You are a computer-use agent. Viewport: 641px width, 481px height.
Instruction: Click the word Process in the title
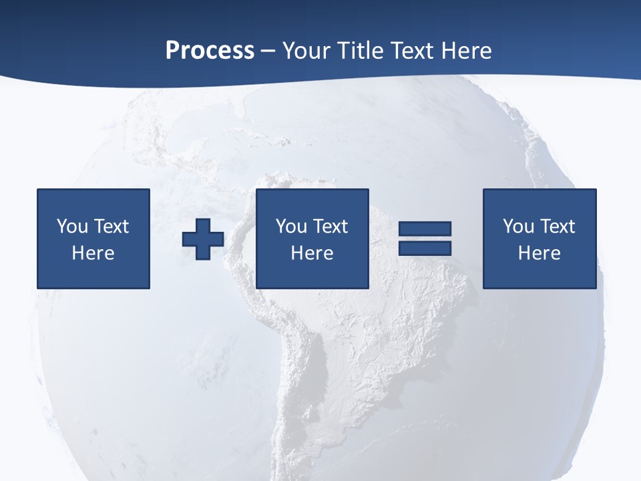pyautogui.click(x=210, y=51)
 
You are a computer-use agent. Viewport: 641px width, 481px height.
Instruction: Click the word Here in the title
pyautogui.click(x=467, y=51)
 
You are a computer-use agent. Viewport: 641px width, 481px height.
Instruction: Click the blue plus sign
pyautogui.click(x=203, y=238)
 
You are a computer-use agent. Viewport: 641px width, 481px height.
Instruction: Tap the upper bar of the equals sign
pyautogui.click(x=425, y=229)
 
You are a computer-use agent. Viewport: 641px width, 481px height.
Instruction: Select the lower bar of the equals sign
pyautogui.click(x=425, y=248)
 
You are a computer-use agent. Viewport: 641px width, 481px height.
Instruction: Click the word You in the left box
pyautogui.click(x=72, y=226)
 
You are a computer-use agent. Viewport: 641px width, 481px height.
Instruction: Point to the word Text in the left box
pyautogui.click(x=110, y=226)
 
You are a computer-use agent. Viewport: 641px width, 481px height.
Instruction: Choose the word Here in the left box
pyautogui.click(x=93, y=253)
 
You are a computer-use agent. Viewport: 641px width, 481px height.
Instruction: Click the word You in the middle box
pyautogui.click(x=291, y=226)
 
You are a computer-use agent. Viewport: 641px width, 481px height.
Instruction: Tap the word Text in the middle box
pyautogui.click(x=329, y=226)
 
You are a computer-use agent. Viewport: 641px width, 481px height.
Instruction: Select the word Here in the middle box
pyautogui.click(x=312, y=253)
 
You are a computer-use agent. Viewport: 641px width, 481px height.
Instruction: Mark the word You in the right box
pyautogui.click(x=518, y=226)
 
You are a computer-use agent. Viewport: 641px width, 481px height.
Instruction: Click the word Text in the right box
pyautogui.click(x=556, y=226)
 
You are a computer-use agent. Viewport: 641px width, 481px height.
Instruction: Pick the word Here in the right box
pyautogui.click(x=539, y=253)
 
